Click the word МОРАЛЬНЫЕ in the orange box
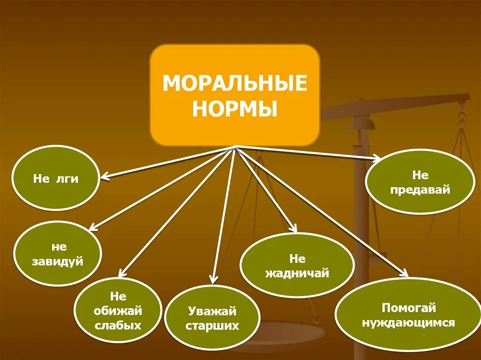pyautogui.click(x=234, y=84)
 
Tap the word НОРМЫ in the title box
pyautogui.click(x=234, y=110)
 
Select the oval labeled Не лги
pyautogui.click(x=55, y=178)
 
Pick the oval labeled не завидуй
pyautogui.click(x=57, y=254)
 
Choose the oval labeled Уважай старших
pyautogui.click(x=212, y=318)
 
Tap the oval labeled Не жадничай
pyautogui.click(x=297, y=266)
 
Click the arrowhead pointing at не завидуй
pyautogui.click(x=92, y=228)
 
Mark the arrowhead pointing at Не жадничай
pyautogui.click(x=294, y=230)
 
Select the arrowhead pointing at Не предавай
pyautogui.click(x=377, y=160)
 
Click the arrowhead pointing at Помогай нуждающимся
pyautogui.click(x=405, y=275)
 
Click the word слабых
pyautogui.click(x=118, y=325)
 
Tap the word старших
pyautogui.click(x=212, y=326)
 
